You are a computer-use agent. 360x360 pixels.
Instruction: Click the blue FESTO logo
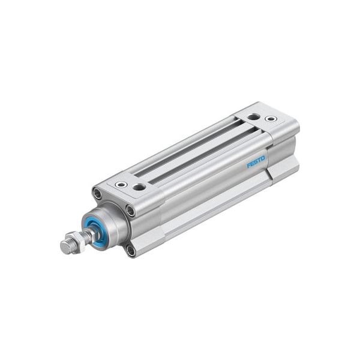tap(255, 163)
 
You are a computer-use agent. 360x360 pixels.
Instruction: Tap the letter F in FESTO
tap(248, 166)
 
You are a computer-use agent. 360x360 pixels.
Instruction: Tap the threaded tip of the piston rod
tap(65, 246)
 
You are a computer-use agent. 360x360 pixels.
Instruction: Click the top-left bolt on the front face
tap(97, 193)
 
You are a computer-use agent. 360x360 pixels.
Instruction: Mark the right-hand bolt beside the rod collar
tap(130, 211)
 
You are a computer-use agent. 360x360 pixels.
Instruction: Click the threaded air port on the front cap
tap(140, 187)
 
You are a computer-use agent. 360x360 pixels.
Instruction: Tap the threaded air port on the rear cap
tap(254, 116)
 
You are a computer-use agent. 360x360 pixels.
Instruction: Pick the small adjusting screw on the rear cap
tap(272, 119)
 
